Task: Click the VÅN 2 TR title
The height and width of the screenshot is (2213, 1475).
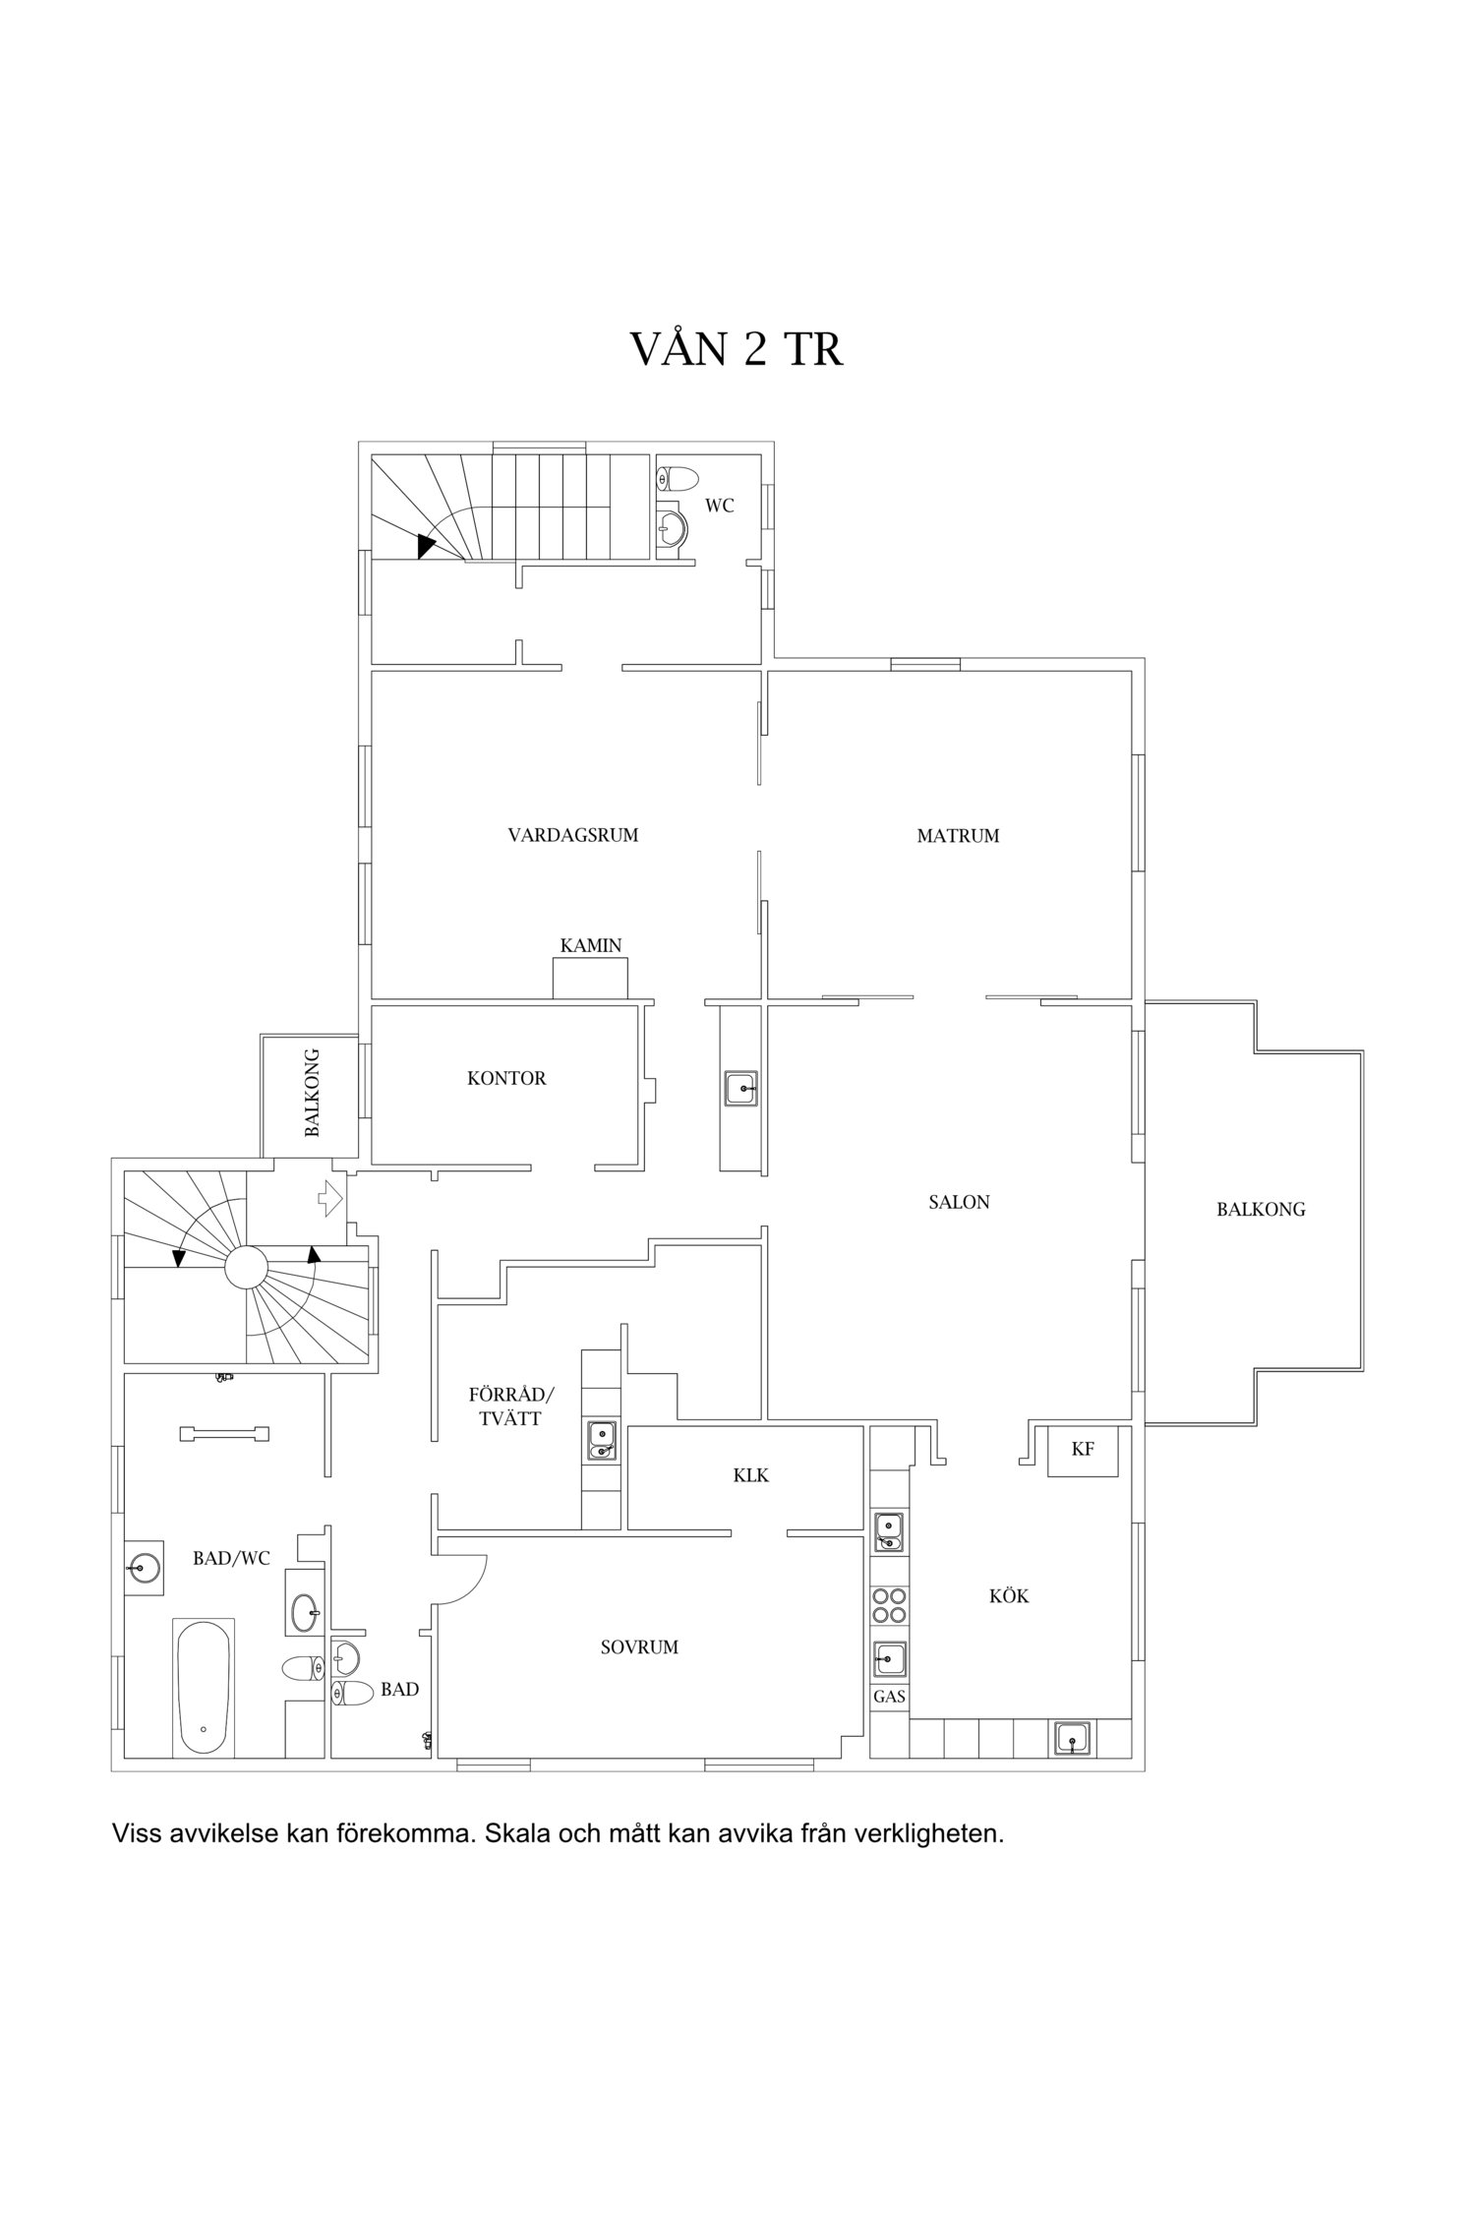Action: point(737,349)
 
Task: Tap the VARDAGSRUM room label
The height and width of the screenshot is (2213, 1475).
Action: point(573,835)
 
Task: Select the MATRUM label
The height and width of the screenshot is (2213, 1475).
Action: point(958,836)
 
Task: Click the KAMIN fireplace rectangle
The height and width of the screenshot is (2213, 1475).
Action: point(590,979)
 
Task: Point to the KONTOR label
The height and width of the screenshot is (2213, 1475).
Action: point(506,1078)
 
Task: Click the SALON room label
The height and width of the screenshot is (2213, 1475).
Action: point(959,1201)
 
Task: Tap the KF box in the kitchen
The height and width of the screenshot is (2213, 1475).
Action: point(1083,1451)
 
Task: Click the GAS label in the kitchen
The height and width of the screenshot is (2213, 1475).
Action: point(889,1697)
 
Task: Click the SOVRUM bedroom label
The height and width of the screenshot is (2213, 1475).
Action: point(639,1646)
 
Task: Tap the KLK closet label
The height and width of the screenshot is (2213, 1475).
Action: point(750,1475)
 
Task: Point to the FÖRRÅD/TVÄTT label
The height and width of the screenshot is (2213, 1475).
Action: point(511,1406)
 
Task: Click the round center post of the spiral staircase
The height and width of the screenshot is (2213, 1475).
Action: point(246,1267)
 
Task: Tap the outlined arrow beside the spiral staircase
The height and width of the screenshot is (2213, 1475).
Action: point(329,1199)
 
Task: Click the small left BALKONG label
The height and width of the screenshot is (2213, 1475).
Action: point(312,1093)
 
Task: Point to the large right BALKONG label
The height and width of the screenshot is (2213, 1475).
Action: point(1261,1210)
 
